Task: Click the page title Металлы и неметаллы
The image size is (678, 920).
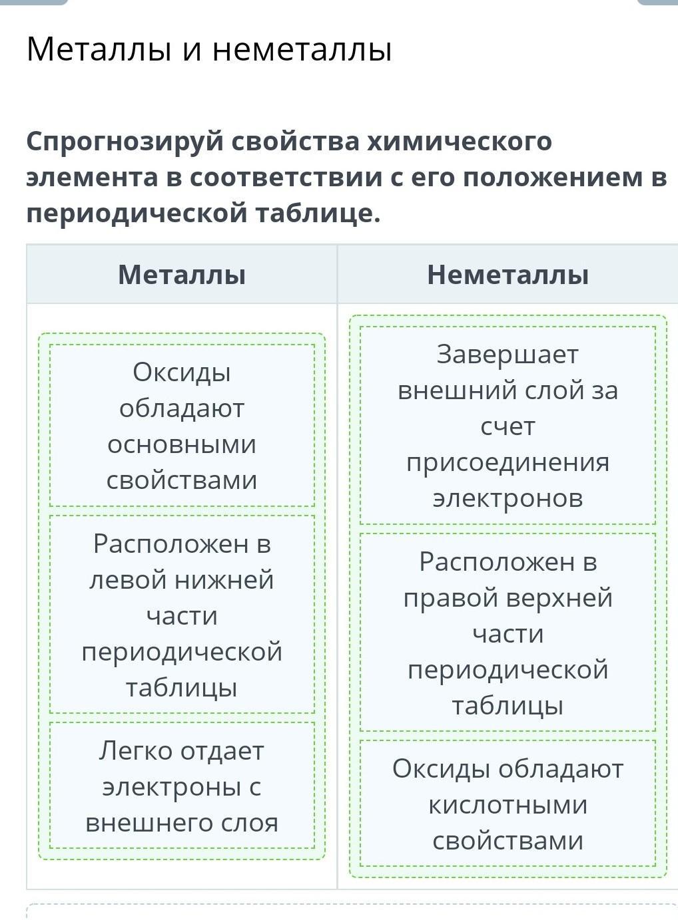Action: [x=209, y=50]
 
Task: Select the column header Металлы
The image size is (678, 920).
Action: [x=182, y=275]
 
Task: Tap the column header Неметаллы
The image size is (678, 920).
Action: [x=508, y=275]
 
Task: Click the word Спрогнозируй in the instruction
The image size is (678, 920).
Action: [x=124, y=142]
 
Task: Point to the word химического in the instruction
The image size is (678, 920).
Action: [x=460, y=142]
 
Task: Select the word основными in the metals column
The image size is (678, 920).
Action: [x=182, y=444]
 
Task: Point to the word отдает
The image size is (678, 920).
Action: [x=223, y=751]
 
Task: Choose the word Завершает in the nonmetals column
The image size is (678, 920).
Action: [x=508, y=355]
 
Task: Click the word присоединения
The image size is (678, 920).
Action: [x=508, y=462]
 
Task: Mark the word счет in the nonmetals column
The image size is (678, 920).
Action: [x=508, y=426]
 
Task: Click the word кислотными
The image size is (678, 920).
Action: [x=508, y=805]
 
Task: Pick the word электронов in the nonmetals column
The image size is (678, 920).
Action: [x=508, y=498]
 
